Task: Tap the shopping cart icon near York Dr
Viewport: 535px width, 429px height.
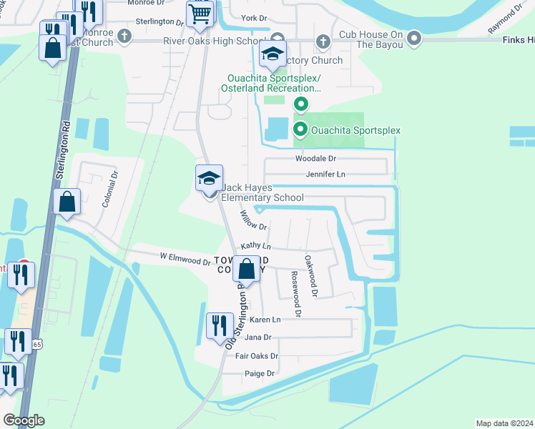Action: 200,13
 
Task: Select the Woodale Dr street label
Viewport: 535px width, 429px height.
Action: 315,158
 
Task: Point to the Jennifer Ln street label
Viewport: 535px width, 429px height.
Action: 325,174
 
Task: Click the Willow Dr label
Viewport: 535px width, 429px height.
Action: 253,221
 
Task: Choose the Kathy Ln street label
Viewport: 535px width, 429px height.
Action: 256,245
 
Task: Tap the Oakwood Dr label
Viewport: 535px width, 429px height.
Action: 310,276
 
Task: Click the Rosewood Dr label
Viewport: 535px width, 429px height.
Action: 295,293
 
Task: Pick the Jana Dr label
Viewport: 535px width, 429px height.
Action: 258,337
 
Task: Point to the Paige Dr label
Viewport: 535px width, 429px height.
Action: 260,373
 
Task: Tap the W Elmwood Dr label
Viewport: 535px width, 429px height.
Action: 185,259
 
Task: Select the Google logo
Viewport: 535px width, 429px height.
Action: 24,420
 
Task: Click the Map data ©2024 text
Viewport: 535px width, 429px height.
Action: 504,423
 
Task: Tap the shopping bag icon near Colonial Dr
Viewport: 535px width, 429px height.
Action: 67,202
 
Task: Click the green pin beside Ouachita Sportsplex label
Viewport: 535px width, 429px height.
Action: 301,129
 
